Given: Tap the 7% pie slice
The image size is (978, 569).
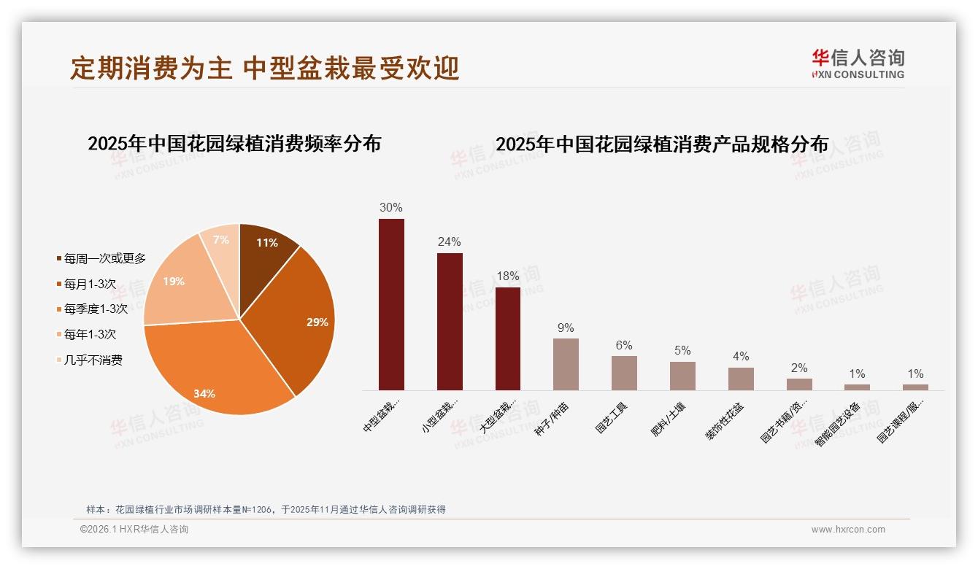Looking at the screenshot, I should (221, 244).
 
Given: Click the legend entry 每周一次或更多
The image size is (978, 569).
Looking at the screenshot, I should (104, 258).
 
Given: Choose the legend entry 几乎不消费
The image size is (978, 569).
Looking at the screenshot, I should (93, 360).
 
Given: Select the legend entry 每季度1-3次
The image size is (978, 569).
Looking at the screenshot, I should (96, 309).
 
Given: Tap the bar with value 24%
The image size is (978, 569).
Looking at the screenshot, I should (450, 321).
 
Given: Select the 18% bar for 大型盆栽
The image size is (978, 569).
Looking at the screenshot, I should (508, 338).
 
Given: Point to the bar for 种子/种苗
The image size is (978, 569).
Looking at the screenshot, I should (566, 364).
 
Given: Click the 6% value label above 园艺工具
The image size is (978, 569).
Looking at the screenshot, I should (624, 346).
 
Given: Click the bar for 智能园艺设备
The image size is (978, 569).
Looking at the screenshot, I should (857, 387).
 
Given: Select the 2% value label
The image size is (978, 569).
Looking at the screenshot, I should (799, 368).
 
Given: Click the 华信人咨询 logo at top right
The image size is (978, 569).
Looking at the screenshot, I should (858, 63).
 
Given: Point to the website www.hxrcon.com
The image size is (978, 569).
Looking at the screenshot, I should (848, 530).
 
